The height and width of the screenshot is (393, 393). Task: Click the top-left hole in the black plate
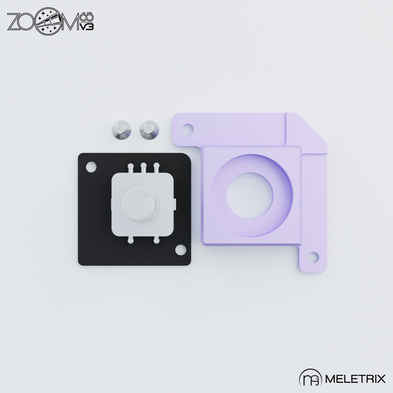pos(91,167)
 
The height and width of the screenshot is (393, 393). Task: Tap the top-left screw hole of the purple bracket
pos(187,127)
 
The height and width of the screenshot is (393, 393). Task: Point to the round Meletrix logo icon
pos(309,378)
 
